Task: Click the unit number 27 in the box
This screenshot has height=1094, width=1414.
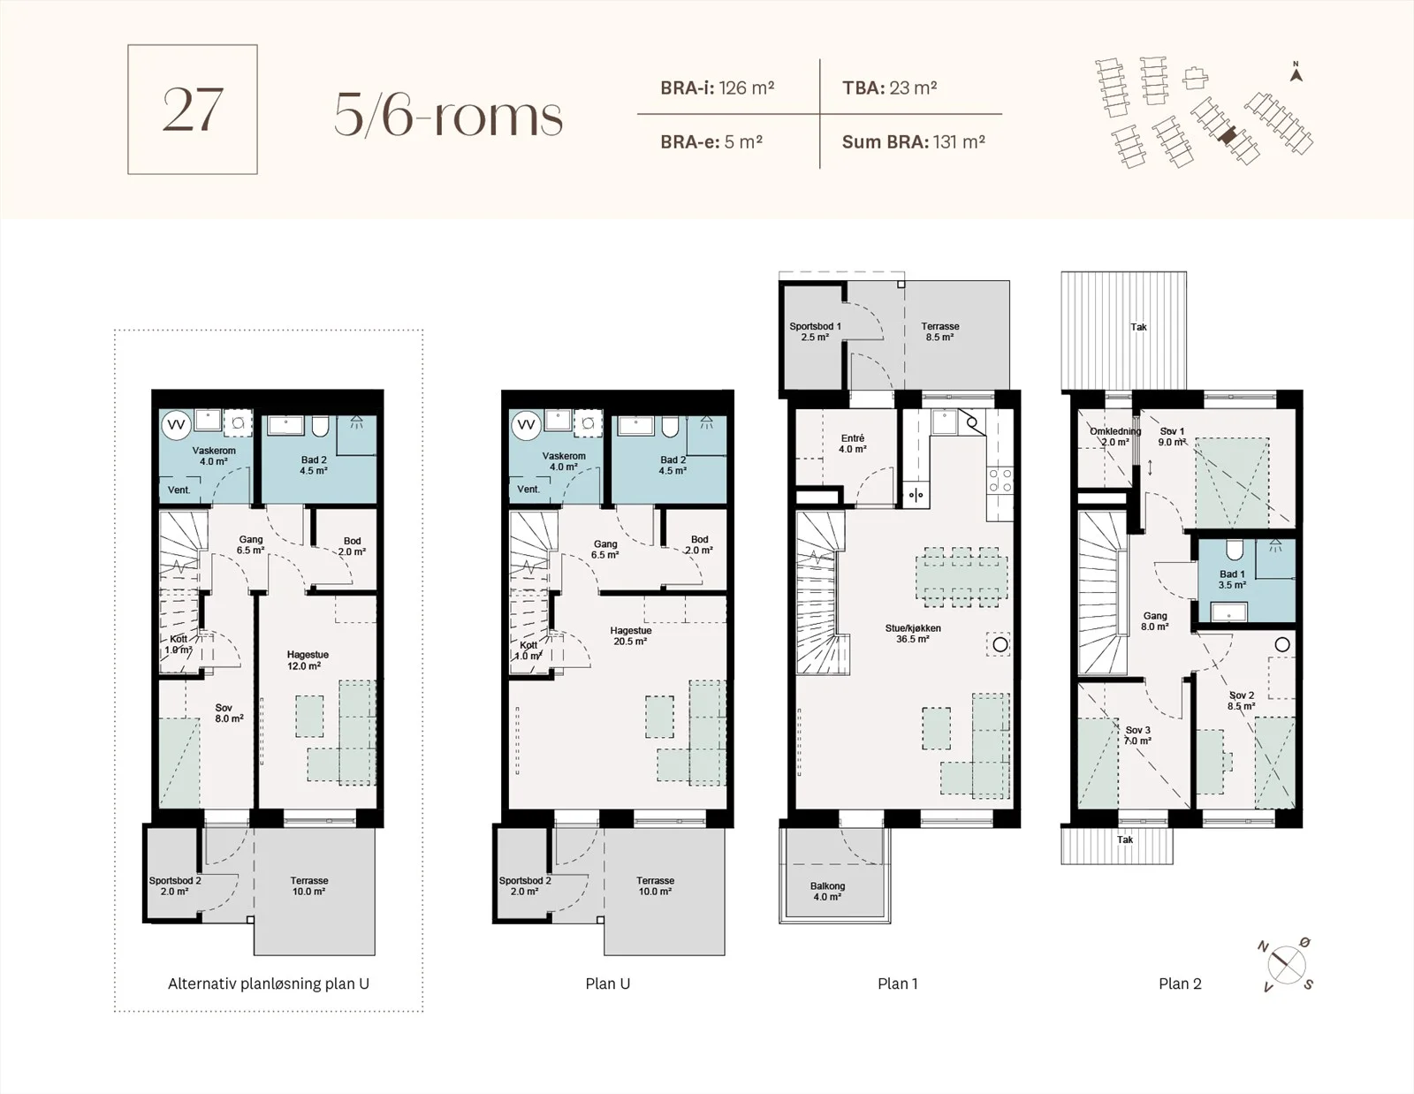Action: coord(193,110)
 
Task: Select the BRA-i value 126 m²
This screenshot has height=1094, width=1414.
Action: coord(747,87)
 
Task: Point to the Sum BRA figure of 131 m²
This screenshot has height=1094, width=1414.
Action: coord(959,141)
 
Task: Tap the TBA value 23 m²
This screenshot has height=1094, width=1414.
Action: coord(913,87)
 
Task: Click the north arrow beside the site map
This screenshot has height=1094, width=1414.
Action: coord(1296,72)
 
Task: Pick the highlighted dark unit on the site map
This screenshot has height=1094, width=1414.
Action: coord(1228,135)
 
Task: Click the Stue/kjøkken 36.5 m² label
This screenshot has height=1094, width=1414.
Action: coord(912,634)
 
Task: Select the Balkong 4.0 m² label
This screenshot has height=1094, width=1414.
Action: coord(827,891)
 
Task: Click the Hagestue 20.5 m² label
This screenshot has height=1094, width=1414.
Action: coord(630,635)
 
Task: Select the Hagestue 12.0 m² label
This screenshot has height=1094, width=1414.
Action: coord(308,660)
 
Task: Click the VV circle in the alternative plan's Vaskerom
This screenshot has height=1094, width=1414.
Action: coord(176,425)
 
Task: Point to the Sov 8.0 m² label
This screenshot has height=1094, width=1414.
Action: coord(229,713)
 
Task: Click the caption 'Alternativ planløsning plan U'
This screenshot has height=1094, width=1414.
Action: coord(269,984)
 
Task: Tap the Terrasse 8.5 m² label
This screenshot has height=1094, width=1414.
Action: coord(939,331)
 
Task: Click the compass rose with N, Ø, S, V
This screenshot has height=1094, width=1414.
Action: coord(1287,965)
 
